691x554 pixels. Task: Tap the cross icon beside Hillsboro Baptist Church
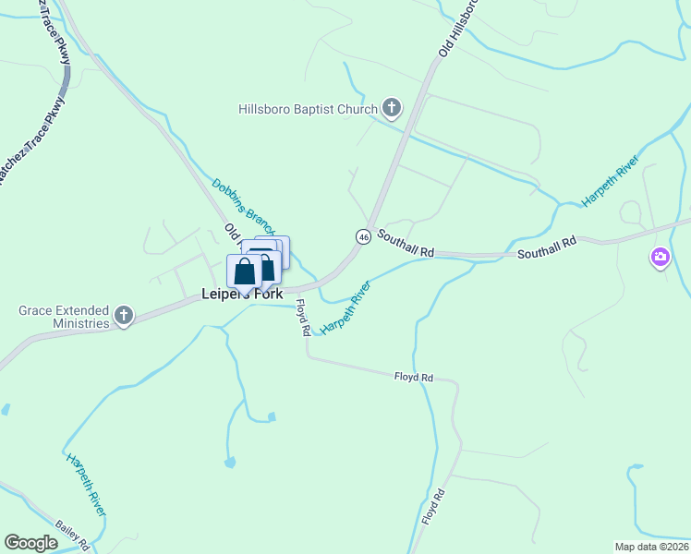(392, 109)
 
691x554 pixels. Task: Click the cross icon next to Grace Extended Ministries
(123, 317)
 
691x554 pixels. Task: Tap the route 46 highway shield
(364, 236)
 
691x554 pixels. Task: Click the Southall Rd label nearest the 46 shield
(406, 246)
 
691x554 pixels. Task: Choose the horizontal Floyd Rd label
(414, 377)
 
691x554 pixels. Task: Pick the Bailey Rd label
(71, 532)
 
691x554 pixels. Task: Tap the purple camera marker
(660, 258)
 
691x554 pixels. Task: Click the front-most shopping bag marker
(245, 271)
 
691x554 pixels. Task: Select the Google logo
(31, 543)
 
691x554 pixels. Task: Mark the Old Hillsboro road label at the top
(459, 28)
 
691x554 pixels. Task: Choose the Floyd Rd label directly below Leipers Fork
(302, 319)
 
